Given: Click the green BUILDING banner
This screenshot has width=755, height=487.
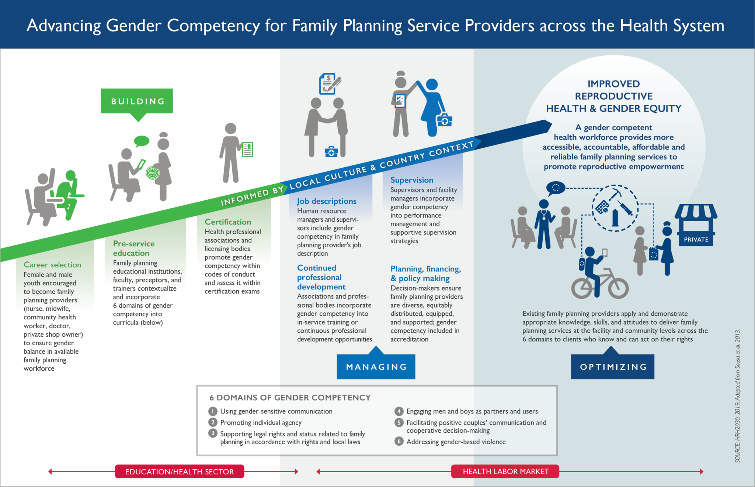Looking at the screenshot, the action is point(137,101).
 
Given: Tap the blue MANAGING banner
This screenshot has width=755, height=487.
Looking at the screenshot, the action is point(376,367).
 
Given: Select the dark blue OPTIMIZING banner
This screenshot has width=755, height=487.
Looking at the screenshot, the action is point(613,367).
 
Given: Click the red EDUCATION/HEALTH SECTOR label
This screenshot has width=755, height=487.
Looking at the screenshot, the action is point(180,471).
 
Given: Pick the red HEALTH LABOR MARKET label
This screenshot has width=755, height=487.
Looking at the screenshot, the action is point(505,471).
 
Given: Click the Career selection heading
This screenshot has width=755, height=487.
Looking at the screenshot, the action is point(52,265).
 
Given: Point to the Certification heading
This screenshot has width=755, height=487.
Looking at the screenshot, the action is point(228,222).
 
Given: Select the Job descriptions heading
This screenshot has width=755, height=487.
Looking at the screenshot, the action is point(327,201).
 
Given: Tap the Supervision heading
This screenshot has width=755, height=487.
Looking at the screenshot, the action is point(412,180).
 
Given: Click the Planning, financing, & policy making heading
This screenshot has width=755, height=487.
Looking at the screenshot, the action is point(426,274).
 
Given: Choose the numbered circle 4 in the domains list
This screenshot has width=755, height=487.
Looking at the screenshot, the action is point(399,411).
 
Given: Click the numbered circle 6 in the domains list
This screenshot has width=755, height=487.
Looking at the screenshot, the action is point(399,441).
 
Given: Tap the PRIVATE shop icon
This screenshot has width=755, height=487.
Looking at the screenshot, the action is point(696,225).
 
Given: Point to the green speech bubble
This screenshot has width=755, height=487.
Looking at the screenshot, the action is point(142,141).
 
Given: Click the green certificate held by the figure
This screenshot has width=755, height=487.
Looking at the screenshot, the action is point(247,150).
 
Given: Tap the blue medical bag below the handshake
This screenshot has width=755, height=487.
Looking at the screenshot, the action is point(331,152).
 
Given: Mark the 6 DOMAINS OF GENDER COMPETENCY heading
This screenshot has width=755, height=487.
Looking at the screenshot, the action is point(290,398).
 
